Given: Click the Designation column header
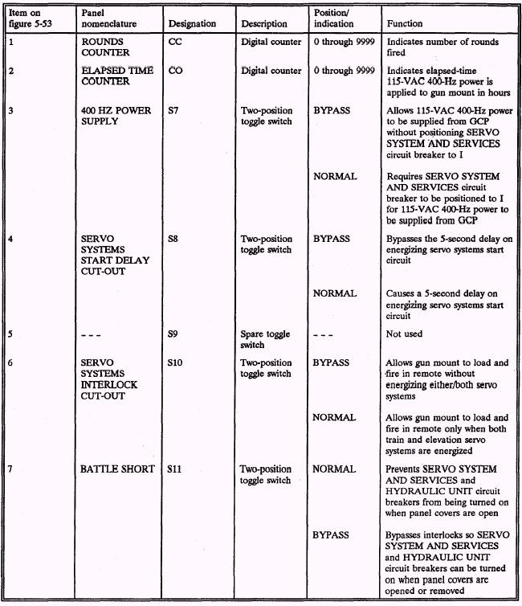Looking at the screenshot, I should (193, 24).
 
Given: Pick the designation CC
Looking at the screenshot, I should (176, 42).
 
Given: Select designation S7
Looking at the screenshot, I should (174, 110).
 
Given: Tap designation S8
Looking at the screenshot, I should (174, 239).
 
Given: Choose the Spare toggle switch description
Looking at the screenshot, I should (265, 339).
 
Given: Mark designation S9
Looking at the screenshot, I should (174, 334).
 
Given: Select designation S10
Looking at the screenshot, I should (177, 363).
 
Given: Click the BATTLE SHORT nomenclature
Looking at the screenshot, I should (117, 469).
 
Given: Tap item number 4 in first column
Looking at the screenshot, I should (10, 239).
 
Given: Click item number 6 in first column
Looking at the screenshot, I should (10, 363).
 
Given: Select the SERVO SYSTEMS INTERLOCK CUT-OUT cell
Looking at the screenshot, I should (109, 379).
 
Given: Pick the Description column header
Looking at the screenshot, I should (264, 24).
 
